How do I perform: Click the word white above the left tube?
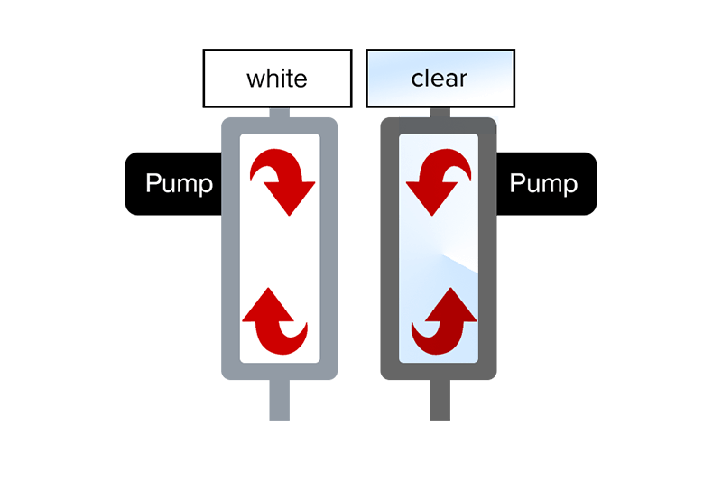[276, 79]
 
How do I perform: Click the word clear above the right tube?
[439, 79]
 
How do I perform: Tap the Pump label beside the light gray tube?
[179, 184]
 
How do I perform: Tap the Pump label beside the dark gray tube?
[543, 184]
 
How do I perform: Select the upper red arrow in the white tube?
[282, 180]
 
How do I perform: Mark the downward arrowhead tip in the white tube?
[289, 213]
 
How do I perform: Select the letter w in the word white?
[255, 79]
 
